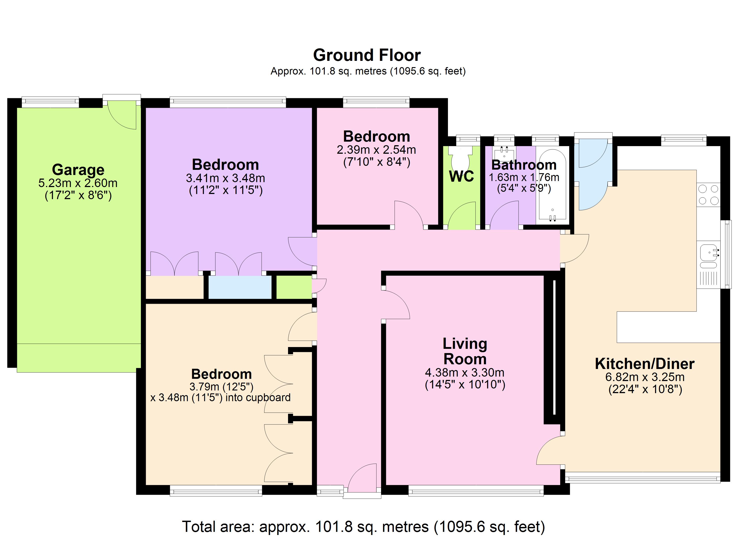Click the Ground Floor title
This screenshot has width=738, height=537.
(x=367, y=55)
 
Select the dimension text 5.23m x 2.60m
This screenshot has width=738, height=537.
(x=78, y=183)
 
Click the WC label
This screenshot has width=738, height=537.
(x=461, y=176)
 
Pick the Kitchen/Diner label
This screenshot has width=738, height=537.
(x=645, y=364)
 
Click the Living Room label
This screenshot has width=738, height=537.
(x=465, y=351)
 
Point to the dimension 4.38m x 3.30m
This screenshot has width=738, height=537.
(x=465, y=372)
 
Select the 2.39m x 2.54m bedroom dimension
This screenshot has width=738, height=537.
(x=376, y=150)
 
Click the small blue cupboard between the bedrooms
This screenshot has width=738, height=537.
(x=240, y=287)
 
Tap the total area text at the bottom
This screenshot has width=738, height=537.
(x=363, y=526)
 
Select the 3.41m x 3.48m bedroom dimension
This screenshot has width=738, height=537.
(x=225, y=178)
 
